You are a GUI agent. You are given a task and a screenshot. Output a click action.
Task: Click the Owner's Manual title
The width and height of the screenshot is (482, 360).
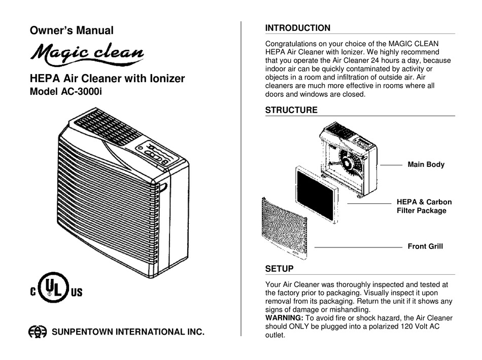pyautogui.click(x=72, y=30)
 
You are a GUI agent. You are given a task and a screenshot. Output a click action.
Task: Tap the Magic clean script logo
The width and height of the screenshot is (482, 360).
pyautogui.click(x=87, y=54)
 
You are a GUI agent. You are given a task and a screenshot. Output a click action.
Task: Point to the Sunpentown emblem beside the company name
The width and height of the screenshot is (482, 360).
pyautogui.click(x=38, y=332)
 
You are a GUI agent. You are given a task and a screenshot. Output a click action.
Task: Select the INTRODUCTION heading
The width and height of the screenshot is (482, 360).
pyautogui.click(x=297, y=28)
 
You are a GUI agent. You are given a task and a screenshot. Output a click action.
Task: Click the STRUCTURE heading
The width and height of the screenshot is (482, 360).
pyautogui.click(x=291, y=110)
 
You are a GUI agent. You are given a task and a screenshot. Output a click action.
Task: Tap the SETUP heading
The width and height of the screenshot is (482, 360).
pyautogui.click(x=279, y=269)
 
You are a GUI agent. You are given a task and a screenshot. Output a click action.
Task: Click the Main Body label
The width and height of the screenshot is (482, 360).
pyautogui.click(x=426, y=165)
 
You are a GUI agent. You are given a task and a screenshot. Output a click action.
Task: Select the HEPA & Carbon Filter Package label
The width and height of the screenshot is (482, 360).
pyautogui.click(x=424, y=206)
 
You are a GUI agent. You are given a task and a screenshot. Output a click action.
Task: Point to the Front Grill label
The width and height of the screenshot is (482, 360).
pyautogui.click(x=425, y=246)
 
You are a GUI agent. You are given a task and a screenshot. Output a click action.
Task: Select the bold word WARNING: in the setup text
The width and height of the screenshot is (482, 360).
pyautogui.click(x=284, y=318)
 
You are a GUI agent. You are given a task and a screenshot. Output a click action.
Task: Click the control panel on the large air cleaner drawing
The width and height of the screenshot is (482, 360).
pyautogui.click(x=157, y=153)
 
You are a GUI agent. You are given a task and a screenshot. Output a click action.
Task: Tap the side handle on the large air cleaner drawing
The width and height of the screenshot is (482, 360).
pyautogui.click(x=162, y=188)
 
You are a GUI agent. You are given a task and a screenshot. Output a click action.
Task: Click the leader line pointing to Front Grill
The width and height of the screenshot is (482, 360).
pyautogui.click(x=358, y=247)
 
